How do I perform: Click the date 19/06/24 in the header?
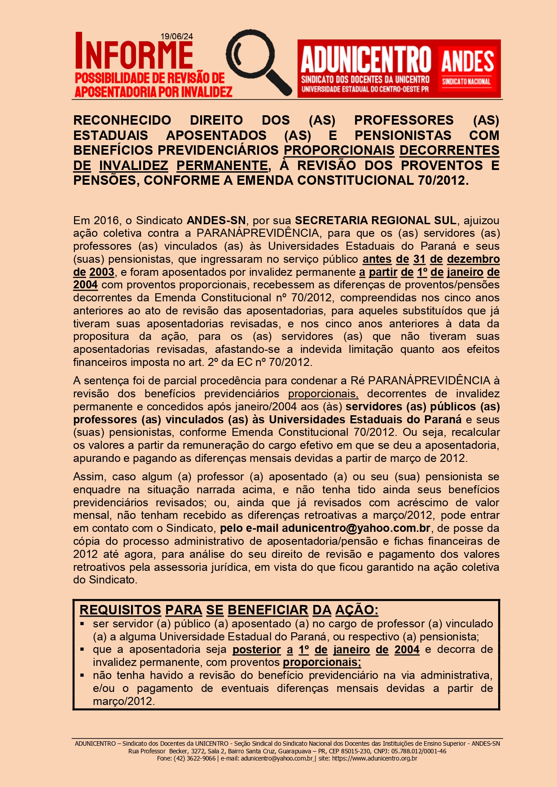point(177,37)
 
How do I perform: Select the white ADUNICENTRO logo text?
point(365,60)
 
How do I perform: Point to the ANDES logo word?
point(467,62)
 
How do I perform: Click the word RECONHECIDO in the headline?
point(122,120)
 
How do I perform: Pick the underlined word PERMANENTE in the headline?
point(222,165)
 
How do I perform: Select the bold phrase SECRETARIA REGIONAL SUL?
point(375,220)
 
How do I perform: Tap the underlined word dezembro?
point(473,259)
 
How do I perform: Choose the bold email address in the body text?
point(356,528)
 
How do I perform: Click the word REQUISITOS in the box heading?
point(120,610)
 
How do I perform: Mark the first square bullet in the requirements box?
point(82,624)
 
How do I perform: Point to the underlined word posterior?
point(256,649)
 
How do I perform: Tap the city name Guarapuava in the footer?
point(294,751)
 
